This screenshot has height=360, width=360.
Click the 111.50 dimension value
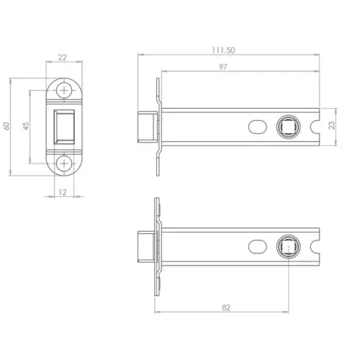point(227,50)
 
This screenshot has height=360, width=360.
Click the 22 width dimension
point(64,56)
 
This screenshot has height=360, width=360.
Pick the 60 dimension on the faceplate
point(7,125)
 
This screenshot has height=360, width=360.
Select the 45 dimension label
point(26,125)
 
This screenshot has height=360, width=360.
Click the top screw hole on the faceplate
point(66,91)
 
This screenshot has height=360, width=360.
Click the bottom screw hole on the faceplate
point(66,163)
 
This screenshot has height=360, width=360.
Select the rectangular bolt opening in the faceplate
point(66,127)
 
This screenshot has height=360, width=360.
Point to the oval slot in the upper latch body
point(256,126)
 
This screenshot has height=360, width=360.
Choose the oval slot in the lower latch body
point(256,246)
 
